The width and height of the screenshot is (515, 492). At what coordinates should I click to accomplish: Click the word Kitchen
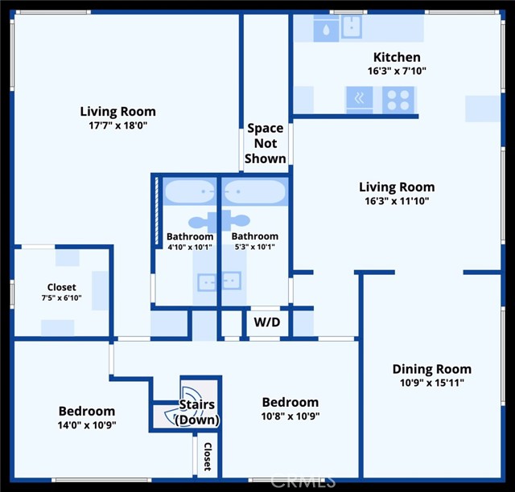pos(397,57)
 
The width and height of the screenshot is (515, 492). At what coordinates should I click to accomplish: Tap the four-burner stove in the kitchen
pos(398,100)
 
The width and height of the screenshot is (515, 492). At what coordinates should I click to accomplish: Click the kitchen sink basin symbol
pos(352,27)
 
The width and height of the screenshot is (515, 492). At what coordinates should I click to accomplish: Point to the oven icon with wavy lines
pos(359,100)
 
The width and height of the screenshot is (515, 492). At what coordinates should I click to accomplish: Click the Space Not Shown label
pos(266,143)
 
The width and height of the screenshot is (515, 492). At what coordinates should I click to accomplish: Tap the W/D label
pos(267,323)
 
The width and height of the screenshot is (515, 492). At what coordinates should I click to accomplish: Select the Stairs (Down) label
pos(197,412)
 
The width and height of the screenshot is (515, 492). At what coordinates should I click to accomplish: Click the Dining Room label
pos(432,369)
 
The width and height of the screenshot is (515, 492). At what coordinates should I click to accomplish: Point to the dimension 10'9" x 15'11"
pos(432,383)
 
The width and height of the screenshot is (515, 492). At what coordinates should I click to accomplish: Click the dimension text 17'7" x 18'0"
pos(117,125)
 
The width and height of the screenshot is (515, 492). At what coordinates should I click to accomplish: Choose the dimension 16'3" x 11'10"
pos(397,201)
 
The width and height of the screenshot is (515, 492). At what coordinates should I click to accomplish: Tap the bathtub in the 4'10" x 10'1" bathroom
pos(190,193)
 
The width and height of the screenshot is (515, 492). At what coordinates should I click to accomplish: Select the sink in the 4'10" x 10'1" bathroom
pos(208,281)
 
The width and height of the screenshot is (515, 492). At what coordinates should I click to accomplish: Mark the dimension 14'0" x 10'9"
pos(86,424)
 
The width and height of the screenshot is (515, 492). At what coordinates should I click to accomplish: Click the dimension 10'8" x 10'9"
pos(290,416)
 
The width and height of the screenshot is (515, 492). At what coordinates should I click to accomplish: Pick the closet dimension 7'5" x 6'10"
pos(61,299)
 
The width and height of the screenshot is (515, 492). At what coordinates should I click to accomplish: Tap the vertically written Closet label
pos(207,457)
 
